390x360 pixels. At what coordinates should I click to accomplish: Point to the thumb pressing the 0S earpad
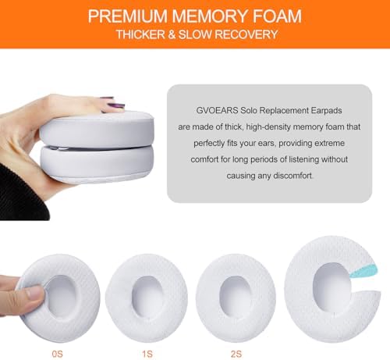tap(30, 294)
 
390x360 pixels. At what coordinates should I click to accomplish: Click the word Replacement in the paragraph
tap(276, 112)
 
